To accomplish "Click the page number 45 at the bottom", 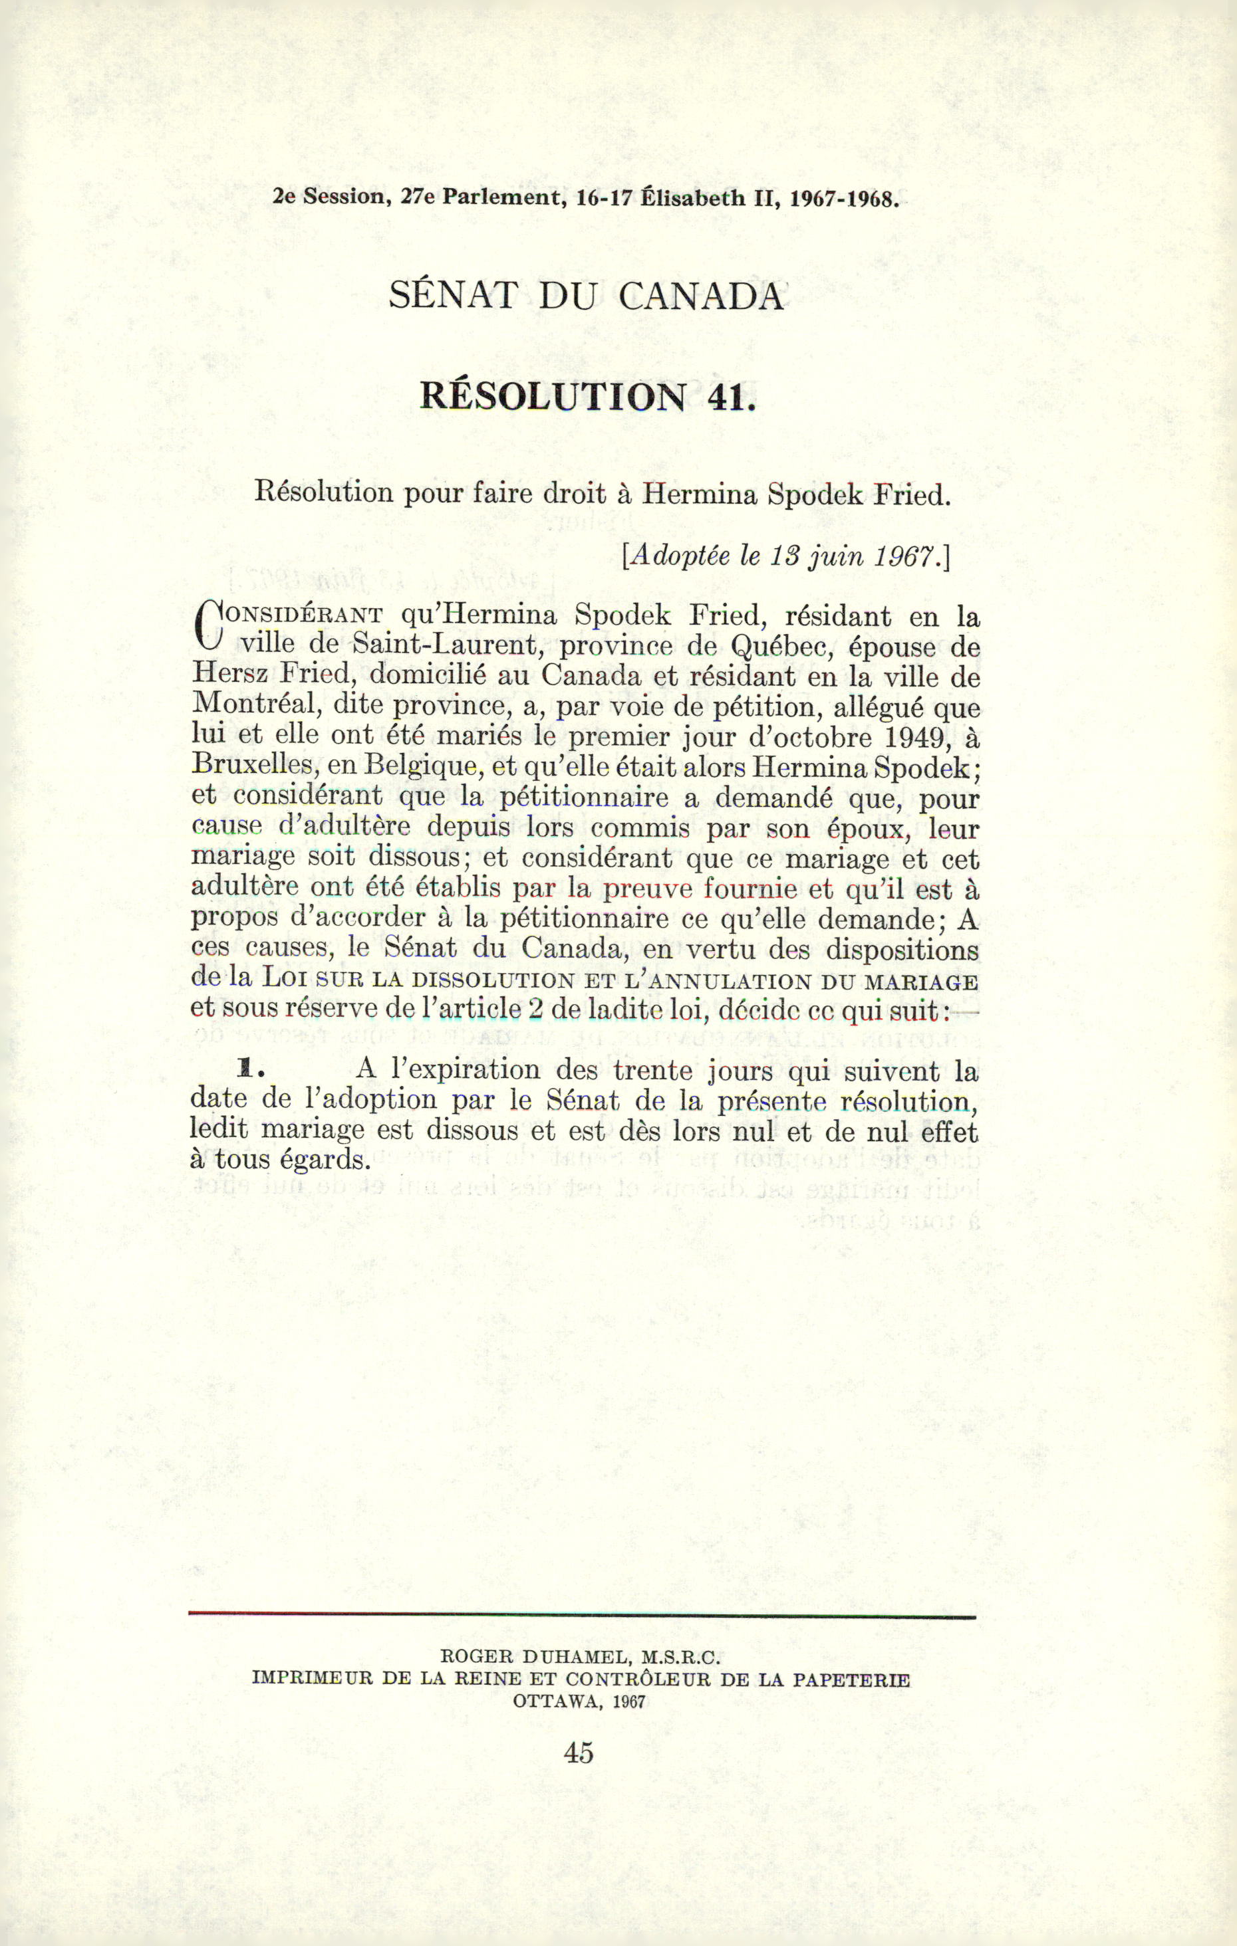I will coord(579,1753).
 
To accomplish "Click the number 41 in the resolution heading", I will coord(730,396).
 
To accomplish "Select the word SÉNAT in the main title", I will coord(453,296).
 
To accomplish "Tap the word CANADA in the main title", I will coord(701,296).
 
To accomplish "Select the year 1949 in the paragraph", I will coord(914,738).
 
